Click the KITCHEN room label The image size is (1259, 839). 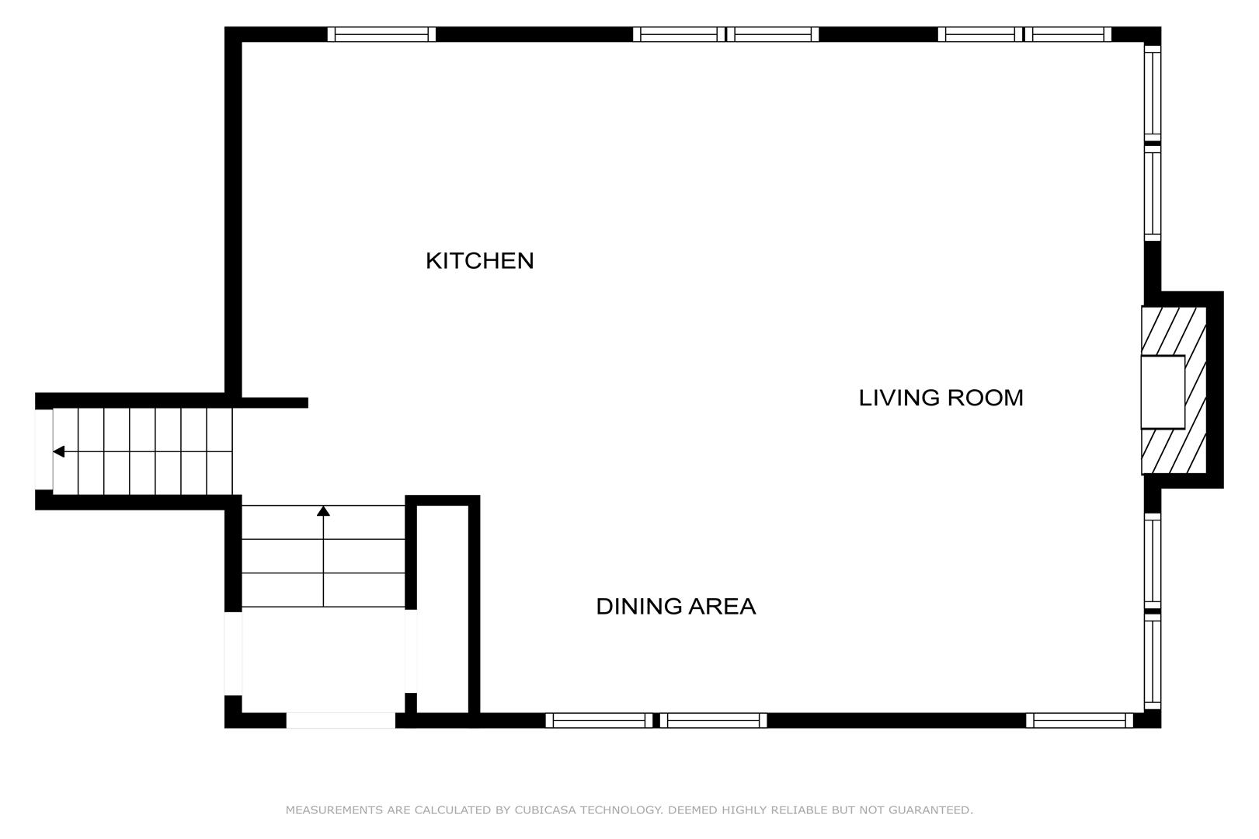pyautogui.click(x=479, y=261)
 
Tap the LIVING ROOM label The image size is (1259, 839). pyautogui.click(x=941, y=398)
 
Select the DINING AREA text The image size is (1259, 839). pyautogui.click(x=676, y=606)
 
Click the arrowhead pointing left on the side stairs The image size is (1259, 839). pyautogui.click(x=58, y=451)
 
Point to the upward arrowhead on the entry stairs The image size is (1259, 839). pyautogui.click(x=323, y=511)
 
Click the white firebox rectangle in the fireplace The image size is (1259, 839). pyautogui.click(x=1163, y=392)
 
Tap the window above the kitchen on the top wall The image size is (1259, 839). pyautogui.click(x=381, y=34)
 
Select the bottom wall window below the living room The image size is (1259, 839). pyautogui.click(x=1079, y=720)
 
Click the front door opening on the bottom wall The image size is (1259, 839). pyautogui.click(x=341, y=720)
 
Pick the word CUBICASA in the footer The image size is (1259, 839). pyautogui.click(x=545, y=810)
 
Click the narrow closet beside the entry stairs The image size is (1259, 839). pyautogui.click(x=443, y=609)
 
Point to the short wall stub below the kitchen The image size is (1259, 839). pyautogui.click(x=275, y=402)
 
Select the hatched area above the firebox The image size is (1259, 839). pyautogui.click(x=1174, y=332)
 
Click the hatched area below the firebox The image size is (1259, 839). pyautogui.click(x=1174, y=451)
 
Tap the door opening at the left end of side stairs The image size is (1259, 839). pyautogui.click(x=43, y=449)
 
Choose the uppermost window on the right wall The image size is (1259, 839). pyautogui.click(x=1153, y=92)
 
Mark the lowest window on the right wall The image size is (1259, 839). pyautogui.click(x=1153, y=661)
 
